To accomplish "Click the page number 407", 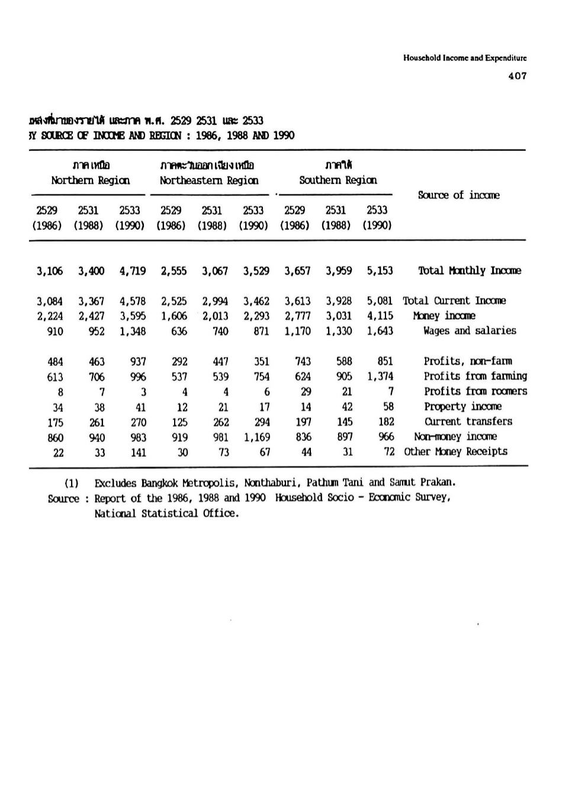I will click(517, 76).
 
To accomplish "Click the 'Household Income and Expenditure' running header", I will click(465, 58).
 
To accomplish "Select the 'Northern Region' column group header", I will click(90, 181).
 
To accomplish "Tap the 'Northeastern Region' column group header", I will click(208, 181).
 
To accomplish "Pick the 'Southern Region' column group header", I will click(338, 181).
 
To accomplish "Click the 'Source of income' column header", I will click(458, 195).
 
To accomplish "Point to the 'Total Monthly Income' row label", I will click(470, 270).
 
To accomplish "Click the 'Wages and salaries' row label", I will click(470, 331).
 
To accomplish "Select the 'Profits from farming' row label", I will click(475, 376).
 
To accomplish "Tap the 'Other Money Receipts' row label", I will click(455, 452).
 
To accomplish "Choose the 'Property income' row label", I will click(462, 407).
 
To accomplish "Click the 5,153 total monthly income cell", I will click(380, 270).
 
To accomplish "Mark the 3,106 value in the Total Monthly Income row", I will click(50, 271).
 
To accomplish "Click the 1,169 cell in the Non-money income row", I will click(256, 437).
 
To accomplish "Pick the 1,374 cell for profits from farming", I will click(380, 376).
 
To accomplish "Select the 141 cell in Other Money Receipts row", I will click(138, 453).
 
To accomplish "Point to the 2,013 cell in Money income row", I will click(215, 316).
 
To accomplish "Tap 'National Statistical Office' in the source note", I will click(166, 514).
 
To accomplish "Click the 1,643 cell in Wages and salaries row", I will click(380, 331).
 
